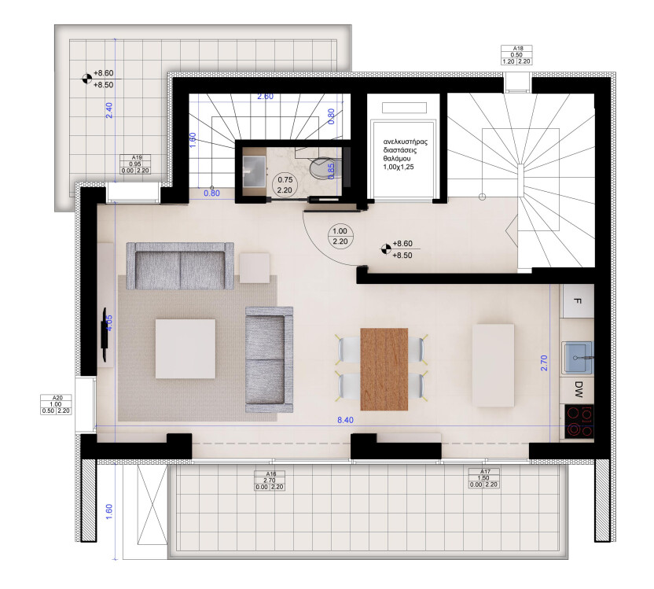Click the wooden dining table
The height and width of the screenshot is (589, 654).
pos(384,369)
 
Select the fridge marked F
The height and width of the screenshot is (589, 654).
pos(578,302)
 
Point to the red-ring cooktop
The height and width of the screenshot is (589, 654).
pos(579,422)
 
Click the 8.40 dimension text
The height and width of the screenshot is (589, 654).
pos(346,421)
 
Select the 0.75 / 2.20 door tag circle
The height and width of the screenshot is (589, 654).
pos(283,185)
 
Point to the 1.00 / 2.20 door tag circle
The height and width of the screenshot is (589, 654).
pos(340,236)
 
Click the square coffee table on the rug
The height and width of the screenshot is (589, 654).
pos(186,348)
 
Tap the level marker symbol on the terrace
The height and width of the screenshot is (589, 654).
pos(86,78)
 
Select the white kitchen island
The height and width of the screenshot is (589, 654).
pos(494,366)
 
